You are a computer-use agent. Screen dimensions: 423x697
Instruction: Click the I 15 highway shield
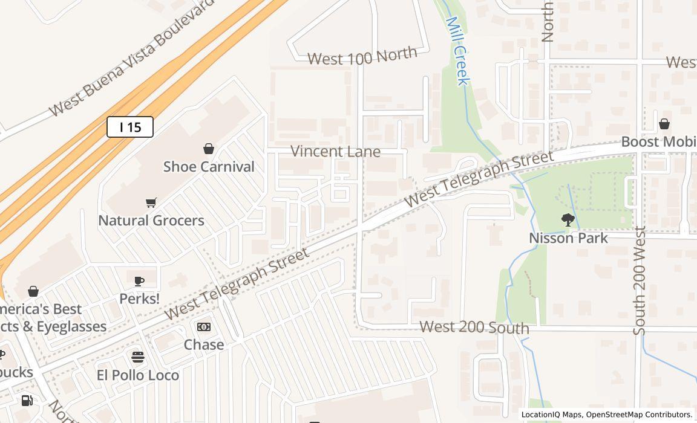[130, 127]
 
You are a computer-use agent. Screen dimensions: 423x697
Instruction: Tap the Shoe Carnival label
[209, 167]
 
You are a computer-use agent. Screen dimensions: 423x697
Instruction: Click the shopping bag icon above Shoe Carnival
[209, 149]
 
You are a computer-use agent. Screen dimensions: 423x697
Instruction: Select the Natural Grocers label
[151, 221]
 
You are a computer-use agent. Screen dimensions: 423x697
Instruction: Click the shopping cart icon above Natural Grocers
[151, 203]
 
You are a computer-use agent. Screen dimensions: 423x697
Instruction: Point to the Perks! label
[139, 299]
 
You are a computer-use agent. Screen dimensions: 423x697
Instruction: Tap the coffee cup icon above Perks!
[139, 281]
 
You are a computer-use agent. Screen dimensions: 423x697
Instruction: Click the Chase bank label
[204, 344]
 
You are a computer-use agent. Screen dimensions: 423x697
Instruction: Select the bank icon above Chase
[204, 327]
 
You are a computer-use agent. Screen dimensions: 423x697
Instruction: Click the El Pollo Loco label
[138, 375]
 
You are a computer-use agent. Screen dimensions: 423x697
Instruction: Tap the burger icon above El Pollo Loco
[138, 357]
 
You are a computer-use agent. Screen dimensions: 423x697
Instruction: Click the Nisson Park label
[568, 238]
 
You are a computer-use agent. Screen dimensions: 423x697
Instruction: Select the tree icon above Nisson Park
[568, 220]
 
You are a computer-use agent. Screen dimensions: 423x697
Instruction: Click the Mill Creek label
[457, 51]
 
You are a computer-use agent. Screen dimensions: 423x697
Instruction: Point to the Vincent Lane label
[335, 151]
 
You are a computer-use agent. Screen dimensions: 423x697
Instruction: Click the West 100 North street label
[362, 57]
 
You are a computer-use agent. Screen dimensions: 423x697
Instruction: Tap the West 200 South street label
[474, 328]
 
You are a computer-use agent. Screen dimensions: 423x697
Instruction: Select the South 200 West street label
[640, 280]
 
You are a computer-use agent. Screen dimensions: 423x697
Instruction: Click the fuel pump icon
[27, 401]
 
